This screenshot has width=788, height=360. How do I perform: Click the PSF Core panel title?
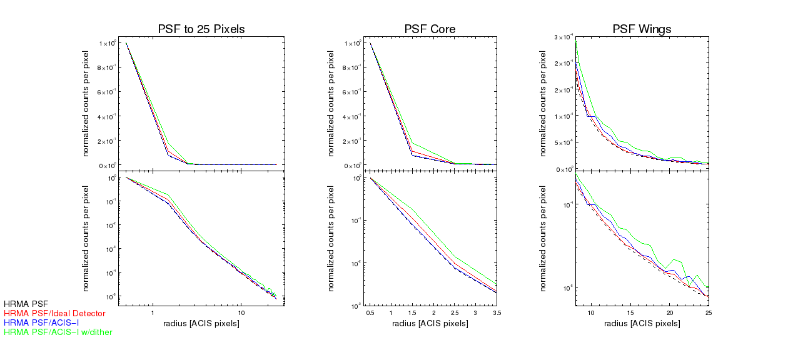coord(430,29)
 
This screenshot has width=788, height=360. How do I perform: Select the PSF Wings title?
coord(642,29)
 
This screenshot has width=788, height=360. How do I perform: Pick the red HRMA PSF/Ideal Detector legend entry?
coord(54,313)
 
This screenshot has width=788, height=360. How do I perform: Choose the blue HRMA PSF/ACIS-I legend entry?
coord(48,322)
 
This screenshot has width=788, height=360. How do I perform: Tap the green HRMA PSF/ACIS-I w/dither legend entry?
coord(58,332)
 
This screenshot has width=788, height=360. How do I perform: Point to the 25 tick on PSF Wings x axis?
coord(708,312)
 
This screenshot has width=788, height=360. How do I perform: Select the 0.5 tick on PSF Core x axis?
coord(370,312)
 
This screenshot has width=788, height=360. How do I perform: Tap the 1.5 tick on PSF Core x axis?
coord(412,312)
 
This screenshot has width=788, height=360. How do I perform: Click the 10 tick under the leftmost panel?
coord(241,312)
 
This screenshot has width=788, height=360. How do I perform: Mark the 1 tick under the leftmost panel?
coord(153,312)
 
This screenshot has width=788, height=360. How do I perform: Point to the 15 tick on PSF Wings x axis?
coord(630,312)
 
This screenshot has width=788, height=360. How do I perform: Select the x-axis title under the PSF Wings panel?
coord(642,323)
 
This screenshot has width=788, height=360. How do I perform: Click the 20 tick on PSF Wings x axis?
coord(669,312)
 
